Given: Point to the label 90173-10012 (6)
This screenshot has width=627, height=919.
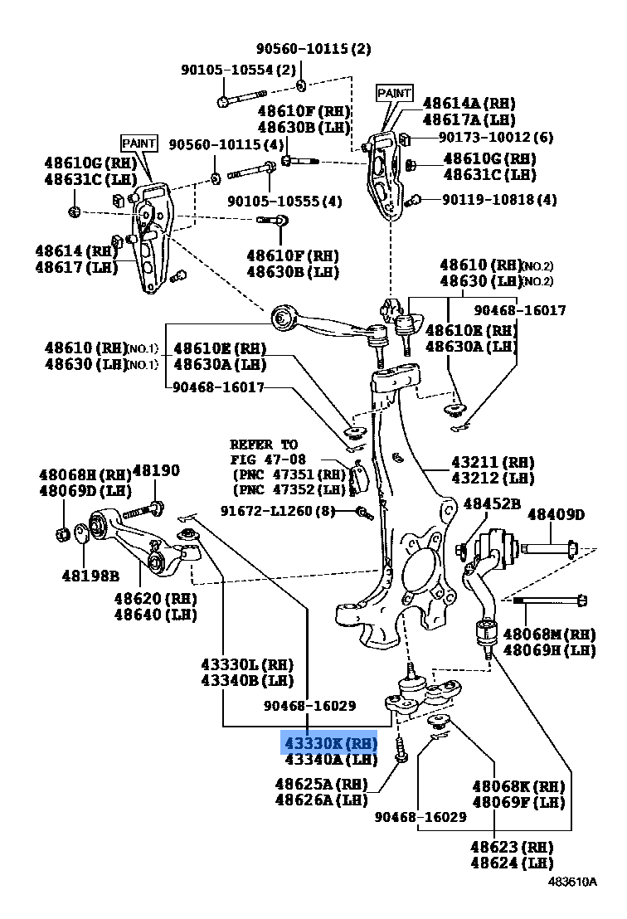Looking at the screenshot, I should coord(495,137).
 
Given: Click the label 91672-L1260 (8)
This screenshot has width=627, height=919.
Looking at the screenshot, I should coord(277,511).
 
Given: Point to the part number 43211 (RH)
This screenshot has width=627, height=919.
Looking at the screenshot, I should coord(493,462).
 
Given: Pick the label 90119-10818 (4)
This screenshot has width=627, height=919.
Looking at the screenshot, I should coord(498,199).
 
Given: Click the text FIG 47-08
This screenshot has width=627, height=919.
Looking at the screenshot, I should coord(268,459).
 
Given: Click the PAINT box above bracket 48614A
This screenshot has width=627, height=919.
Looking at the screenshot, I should coord(394,93).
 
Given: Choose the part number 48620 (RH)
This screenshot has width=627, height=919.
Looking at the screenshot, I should coord(154,599).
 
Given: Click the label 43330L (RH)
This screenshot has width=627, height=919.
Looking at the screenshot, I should coord(247,664).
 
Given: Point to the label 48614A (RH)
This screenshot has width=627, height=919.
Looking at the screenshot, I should coord(469,103).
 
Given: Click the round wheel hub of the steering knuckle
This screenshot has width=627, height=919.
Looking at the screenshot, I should coord(420,572).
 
